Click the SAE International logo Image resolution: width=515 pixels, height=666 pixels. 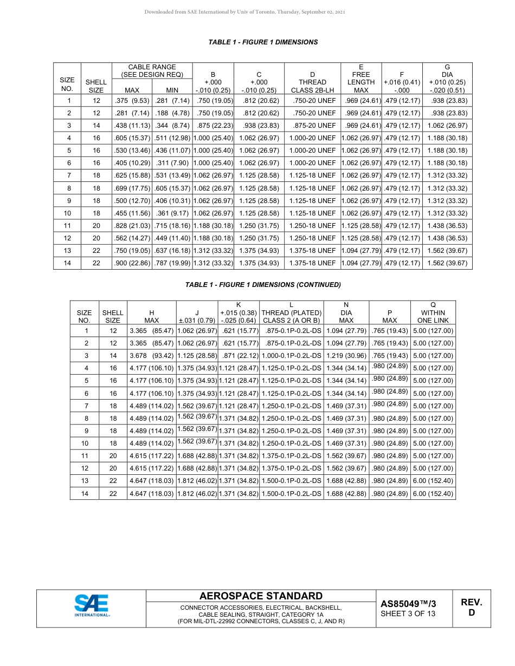92,606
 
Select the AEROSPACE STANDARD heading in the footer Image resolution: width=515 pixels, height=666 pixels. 261,596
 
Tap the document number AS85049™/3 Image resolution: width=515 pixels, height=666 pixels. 408,603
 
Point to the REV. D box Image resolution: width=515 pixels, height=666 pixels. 471,608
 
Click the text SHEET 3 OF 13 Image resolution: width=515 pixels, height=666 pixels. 408,613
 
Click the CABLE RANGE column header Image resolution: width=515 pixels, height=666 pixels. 152,71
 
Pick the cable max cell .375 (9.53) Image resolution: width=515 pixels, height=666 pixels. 132,101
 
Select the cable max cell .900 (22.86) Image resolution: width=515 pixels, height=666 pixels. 132,263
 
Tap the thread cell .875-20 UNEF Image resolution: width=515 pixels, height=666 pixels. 314,126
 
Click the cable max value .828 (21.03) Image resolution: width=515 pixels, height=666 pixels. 132,226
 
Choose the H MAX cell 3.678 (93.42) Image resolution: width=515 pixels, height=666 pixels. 151,356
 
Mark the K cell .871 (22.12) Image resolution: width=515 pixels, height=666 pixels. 239,356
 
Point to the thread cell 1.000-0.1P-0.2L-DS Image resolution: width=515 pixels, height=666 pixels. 291,356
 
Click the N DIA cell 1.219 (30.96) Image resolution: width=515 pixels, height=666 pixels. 346,356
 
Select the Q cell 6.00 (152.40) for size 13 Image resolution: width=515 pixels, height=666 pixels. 433,481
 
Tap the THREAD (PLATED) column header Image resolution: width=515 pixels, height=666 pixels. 291,312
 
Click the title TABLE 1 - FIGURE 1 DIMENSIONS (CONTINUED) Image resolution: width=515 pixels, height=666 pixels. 263,285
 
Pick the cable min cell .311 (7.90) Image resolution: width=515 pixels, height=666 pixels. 172,163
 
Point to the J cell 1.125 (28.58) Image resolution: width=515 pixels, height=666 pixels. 197,356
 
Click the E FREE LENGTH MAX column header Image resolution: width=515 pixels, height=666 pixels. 361,79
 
